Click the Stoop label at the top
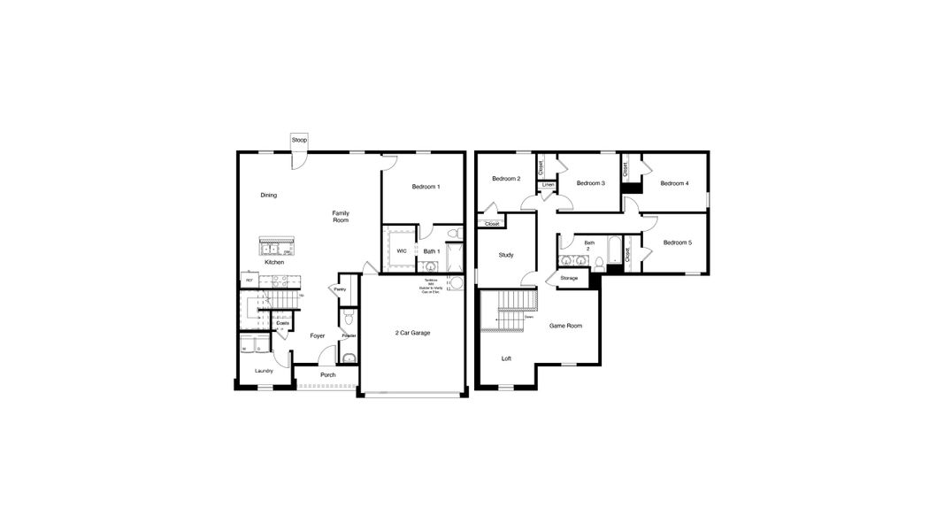click(x=299, y=140)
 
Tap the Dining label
click(x=269, y=195)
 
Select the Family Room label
click(x=341, y=216)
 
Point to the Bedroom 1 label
click(x=426, y=187)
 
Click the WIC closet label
click(x=402, y=251)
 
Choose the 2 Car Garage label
click(x=412, y=333)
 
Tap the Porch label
click(x=327, y=374)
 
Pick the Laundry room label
click(x=264, y=371)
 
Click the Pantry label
click(x=340, y=289)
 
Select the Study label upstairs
click(x=506, y=255)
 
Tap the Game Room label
click(x=565, y=326)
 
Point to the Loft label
click(x=506, y=358)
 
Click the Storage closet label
click(x=569, y=278)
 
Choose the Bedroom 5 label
click(x=677, y=242)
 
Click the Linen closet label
click(x=548, y=185)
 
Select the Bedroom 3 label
click(x=590, y=183)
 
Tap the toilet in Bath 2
click(x=599, y=262)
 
